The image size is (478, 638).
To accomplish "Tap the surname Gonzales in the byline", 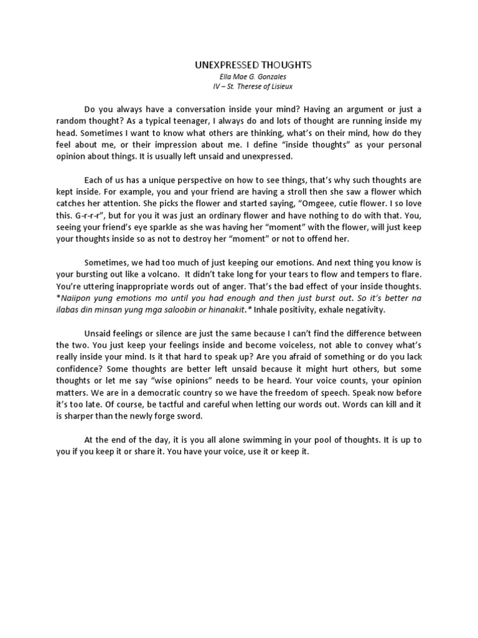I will (x=258, y=76).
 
